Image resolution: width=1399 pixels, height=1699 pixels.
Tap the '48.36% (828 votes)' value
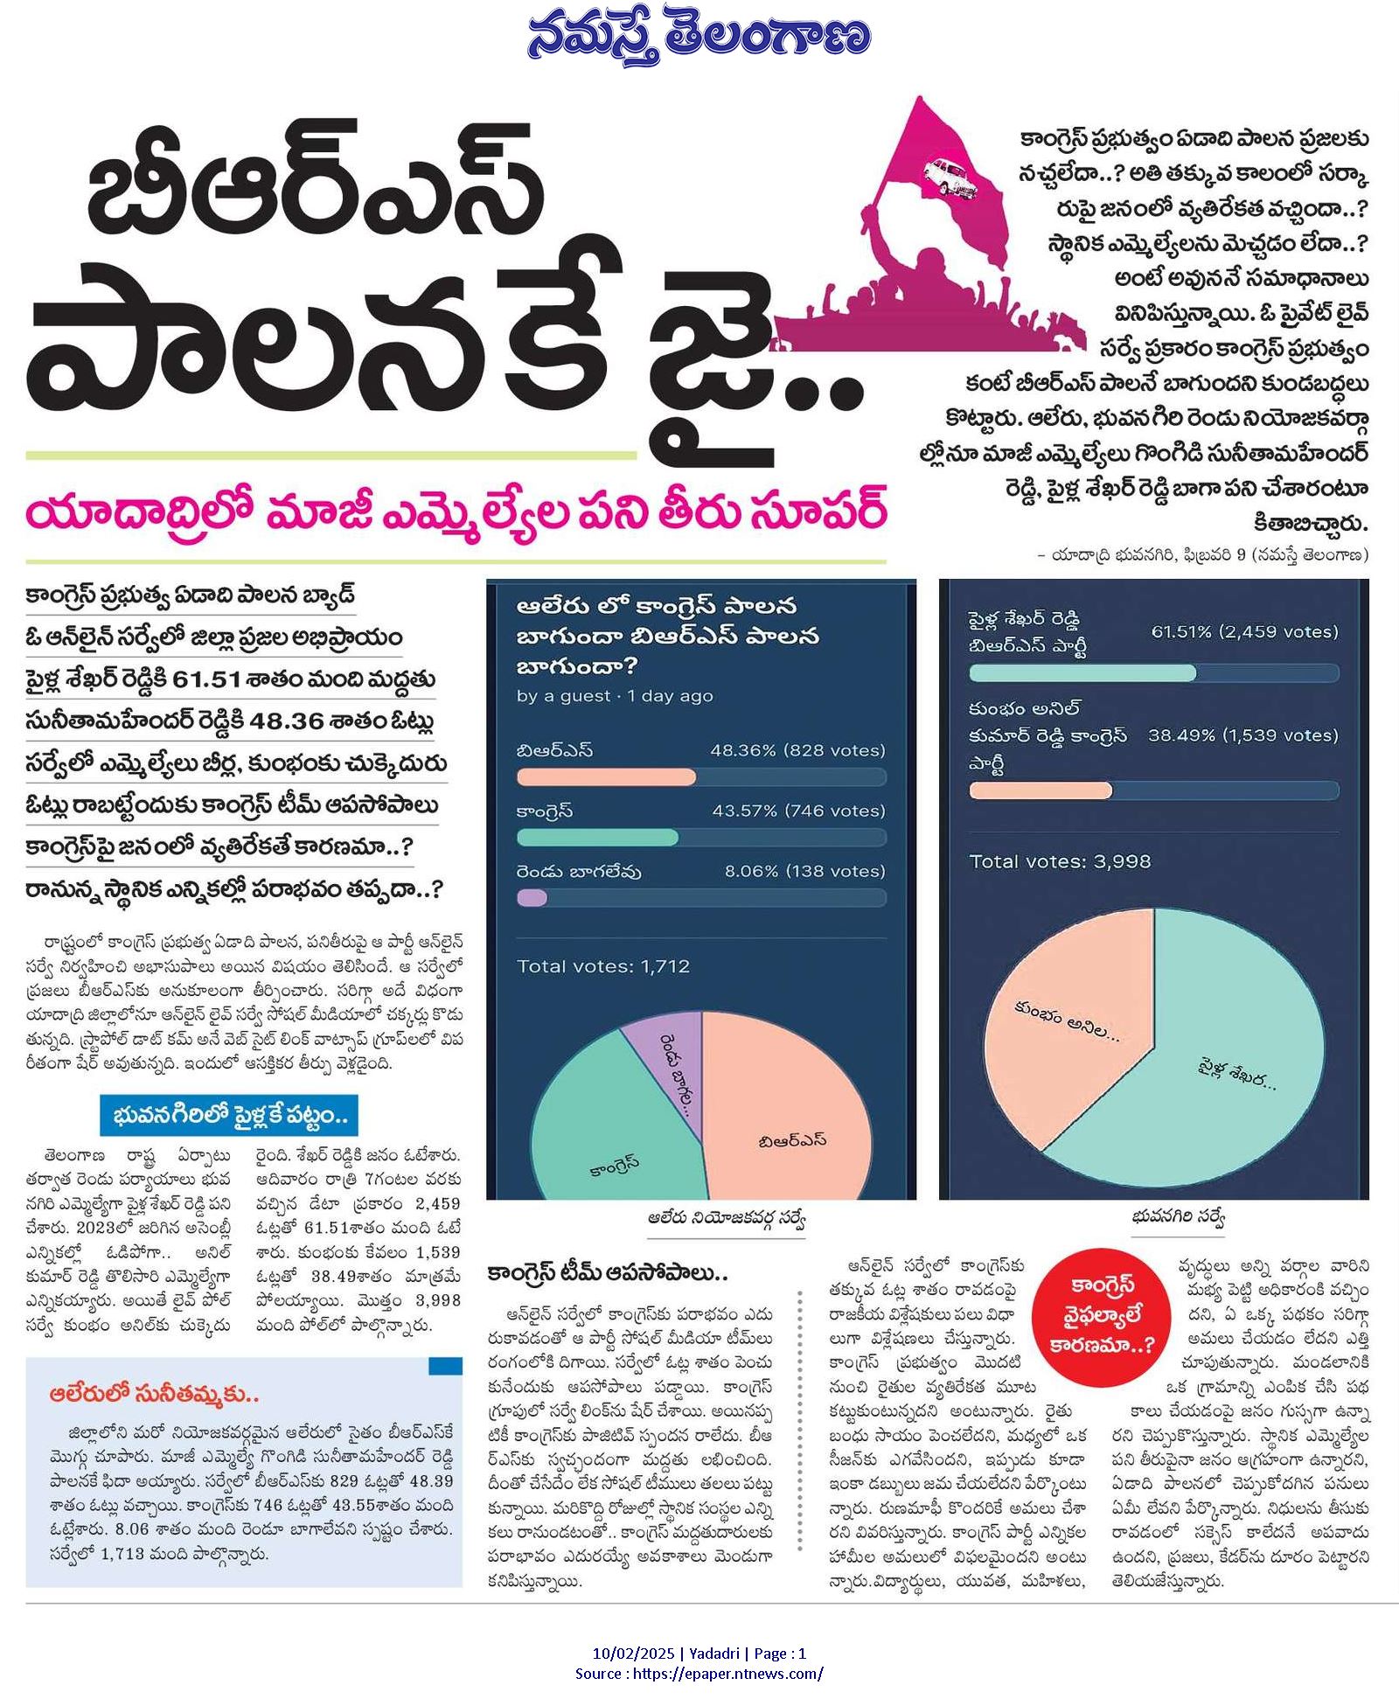[797, 750]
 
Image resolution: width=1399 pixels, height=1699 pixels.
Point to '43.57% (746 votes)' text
[798, 811]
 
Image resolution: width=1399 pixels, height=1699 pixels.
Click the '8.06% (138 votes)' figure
[804, 871]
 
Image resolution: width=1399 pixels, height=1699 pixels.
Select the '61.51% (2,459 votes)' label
[1244, 631]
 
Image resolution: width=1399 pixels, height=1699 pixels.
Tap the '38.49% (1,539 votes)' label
[1242, 735]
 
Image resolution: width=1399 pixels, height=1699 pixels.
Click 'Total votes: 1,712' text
[603, 966]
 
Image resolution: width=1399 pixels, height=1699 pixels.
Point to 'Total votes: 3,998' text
[1060, 861]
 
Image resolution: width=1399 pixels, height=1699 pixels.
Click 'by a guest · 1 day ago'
[615, 696]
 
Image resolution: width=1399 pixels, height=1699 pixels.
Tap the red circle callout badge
[1103, 1315]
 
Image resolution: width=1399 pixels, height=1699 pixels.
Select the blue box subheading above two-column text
[229, 1117]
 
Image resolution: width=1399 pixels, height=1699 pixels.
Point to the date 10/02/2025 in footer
[633, 1653]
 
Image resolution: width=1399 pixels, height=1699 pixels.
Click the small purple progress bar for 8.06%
[532, 898]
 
